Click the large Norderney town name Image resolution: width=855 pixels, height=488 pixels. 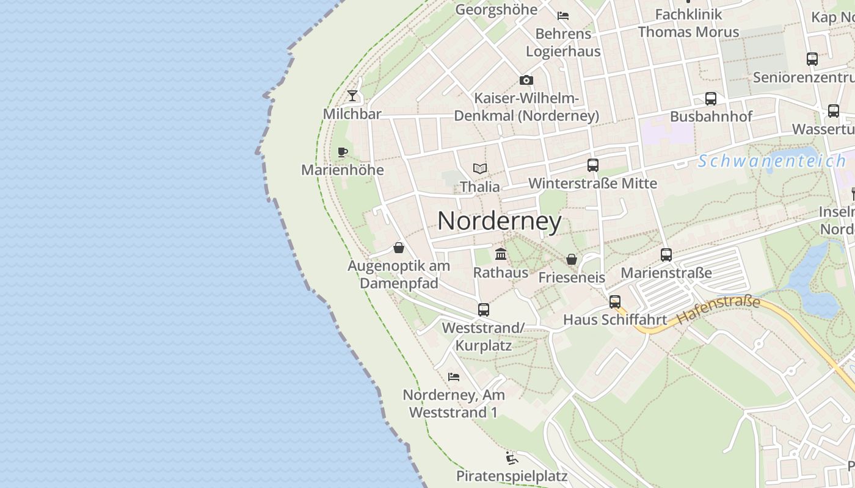(x=500, y=221)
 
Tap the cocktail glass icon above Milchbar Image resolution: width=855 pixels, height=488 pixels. (x=352, y=96)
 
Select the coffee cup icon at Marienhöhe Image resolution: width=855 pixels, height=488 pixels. (x=343, y=152)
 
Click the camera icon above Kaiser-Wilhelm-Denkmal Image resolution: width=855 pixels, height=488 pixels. (x=526, y=80)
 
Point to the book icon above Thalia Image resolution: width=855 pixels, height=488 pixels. (x=480, y=168)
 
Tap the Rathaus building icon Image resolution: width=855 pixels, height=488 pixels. (x=501, y=254)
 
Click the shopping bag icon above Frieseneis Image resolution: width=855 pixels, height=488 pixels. (x=572, y=259)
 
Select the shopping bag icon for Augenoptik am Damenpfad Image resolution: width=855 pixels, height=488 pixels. (x=399, y=248)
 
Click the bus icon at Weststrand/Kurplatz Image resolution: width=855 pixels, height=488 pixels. (x=484, y=309)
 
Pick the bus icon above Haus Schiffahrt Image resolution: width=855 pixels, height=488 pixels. (x=614, y=301)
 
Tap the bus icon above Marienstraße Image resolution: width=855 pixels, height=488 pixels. (x=666, y=254)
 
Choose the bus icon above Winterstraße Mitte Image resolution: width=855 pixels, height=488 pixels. (x=592, y=165)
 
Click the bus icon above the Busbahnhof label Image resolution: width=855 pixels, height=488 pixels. (x=711, y=98)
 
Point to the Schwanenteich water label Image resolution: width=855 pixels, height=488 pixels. (x=771, y=162)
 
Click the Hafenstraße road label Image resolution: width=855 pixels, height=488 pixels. (x=718, y=310)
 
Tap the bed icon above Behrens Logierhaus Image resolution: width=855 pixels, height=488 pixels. (x=563, y=15)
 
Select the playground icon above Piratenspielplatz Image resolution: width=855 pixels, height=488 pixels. (x=512, y=457)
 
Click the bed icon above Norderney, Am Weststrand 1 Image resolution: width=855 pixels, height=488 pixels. (x=454, y=376)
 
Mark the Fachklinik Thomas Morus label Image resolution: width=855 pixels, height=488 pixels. (x=688, y=23)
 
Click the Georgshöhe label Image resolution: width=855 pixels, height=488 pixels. (x=496, y=9)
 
